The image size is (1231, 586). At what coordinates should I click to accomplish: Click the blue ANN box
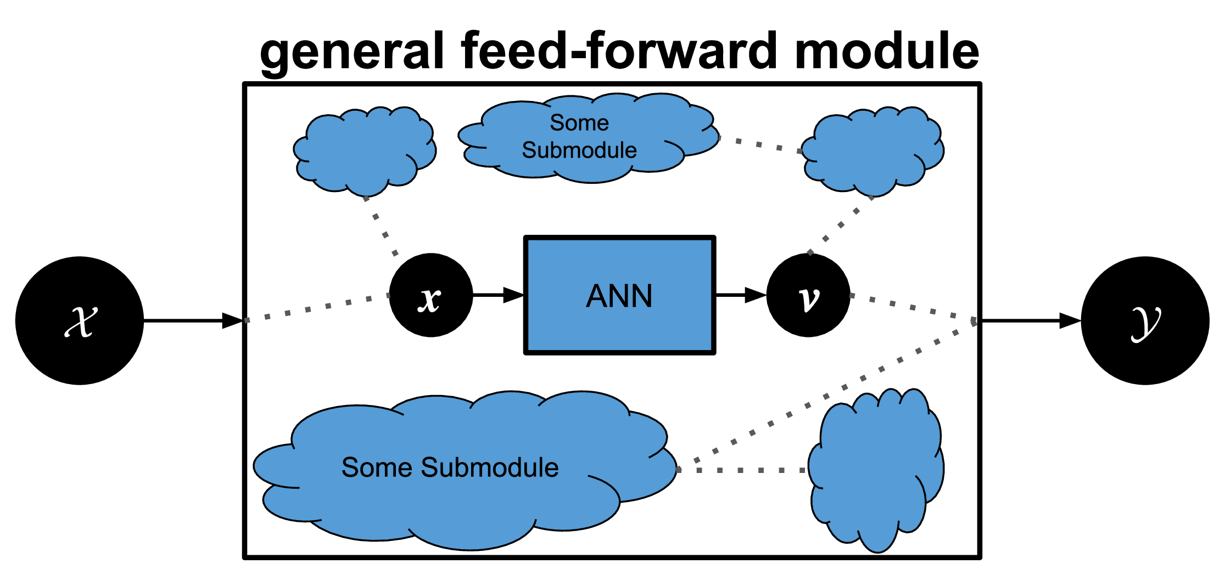[620, 295]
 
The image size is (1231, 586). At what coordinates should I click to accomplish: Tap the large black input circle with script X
[80, 320]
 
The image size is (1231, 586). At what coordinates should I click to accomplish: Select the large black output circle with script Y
[1145, 320]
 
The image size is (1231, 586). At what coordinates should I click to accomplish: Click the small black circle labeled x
[431, 295]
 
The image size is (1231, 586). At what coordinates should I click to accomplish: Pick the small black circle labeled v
[808, 295]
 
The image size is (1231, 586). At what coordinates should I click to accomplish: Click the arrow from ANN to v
[741, 295]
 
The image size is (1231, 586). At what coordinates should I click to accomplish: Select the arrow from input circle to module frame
[193, 320]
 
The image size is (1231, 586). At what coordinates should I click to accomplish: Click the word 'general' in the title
[352, 52]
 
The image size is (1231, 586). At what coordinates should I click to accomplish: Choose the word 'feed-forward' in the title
[619, 50]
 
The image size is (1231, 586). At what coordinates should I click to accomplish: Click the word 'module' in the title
[887, 50]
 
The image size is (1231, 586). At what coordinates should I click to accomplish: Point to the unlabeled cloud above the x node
[365, 151]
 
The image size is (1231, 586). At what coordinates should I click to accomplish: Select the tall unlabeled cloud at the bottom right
[876, 470]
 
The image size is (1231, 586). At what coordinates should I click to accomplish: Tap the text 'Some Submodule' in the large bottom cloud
[450, 467]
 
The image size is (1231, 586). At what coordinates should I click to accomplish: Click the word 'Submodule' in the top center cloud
[579, 150]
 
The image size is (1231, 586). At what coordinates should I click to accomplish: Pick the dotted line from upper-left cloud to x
[381, 227]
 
